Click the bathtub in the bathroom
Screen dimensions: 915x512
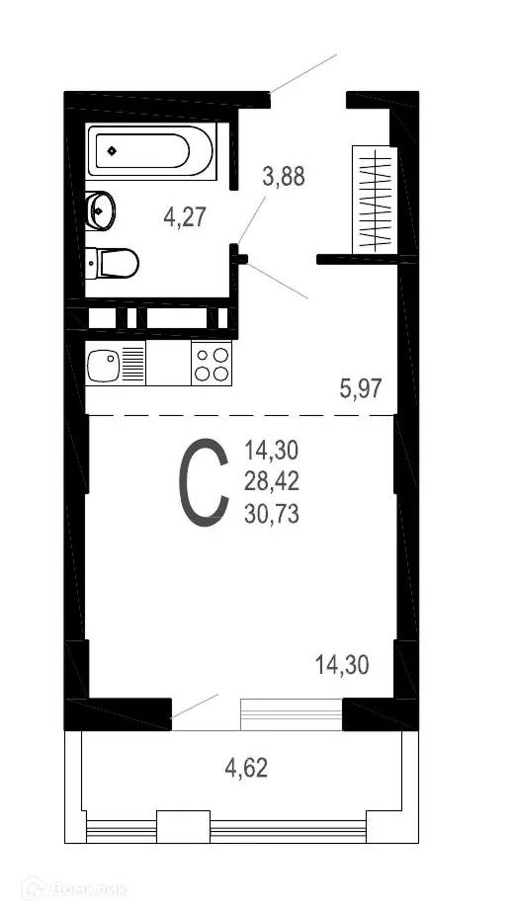152,153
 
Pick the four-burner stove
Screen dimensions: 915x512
212,364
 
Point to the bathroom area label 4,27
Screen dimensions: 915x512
185,216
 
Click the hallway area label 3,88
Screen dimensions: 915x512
284,177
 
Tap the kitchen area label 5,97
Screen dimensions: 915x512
361,389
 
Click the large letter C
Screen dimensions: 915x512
203,482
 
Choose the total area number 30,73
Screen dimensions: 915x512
272,513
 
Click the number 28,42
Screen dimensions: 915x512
272,482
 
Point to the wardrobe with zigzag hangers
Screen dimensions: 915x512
375,199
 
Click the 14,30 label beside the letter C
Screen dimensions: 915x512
272,452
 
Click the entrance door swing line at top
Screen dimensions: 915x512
303,72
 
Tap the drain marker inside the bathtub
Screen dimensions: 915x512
112,151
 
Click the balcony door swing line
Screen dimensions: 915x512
195,707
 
